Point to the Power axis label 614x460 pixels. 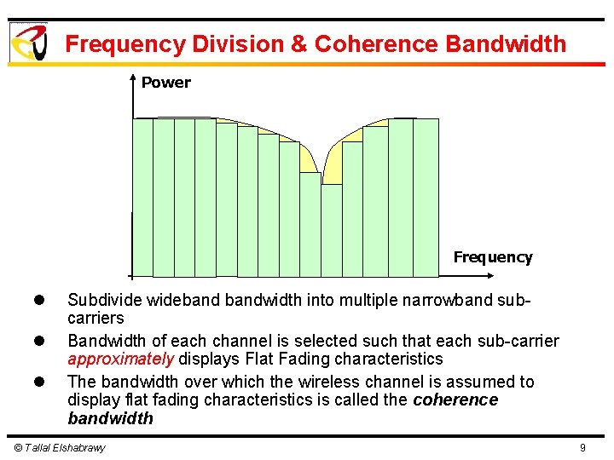click(x=165, y=83)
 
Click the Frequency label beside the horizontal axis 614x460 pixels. click(x=492, y=257)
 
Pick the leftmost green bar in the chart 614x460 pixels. click(x=142, y=198)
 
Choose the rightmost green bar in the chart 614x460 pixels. click(x=426, y=198)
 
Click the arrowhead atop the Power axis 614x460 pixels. click(x=132, y=79)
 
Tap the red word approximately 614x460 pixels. click(x=120, y=359)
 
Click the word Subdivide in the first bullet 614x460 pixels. click(x=104, y=300)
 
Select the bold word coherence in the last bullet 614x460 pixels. click(x=455, y=400)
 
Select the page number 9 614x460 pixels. click(x=582, y=448)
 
